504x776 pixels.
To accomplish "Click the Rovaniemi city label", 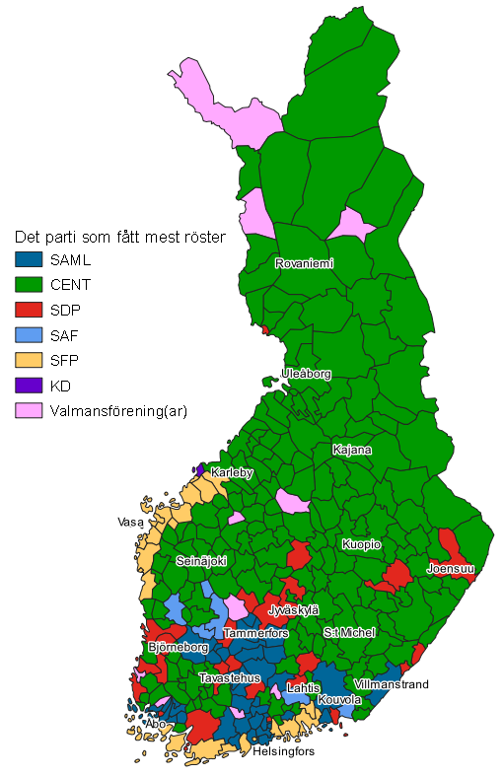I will [304, 263].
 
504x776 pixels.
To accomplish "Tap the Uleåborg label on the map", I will [305, 375].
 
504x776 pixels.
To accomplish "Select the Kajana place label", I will [352, 450].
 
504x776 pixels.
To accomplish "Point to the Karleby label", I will [232, 473].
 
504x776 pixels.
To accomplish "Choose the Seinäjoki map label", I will [201, 560].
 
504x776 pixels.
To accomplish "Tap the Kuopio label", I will [361, 544].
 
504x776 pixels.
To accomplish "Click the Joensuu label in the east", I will [450, 569].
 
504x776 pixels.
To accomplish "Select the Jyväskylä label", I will [293, 610].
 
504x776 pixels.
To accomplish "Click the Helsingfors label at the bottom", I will [283, 751].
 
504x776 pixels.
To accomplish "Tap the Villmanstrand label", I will [391, 683].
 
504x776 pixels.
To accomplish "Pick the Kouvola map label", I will [339, 700].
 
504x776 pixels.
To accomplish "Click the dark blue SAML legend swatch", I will [29, 260].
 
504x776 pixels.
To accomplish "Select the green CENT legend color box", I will [29, 285].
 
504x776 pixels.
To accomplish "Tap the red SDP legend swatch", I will [29, 310].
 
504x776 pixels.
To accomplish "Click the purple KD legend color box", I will [29, 386].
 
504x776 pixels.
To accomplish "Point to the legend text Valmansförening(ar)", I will [118, 410].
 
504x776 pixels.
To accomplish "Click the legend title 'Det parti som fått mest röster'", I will [120, 238].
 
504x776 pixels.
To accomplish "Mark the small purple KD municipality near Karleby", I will [201, 469].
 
